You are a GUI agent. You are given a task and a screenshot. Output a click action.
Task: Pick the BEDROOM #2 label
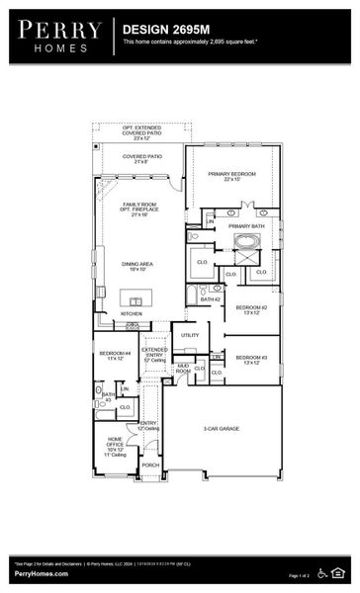click(251, 308)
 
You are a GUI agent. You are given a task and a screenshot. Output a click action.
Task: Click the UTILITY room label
click(190, 336)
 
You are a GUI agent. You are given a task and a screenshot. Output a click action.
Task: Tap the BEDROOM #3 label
click(251, 359)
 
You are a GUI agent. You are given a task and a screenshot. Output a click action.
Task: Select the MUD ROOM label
click(183, 369)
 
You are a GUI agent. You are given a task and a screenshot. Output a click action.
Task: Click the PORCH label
click(150, 465)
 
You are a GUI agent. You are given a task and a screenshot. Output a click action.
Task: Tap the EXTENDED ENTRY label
click(153, 353)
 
